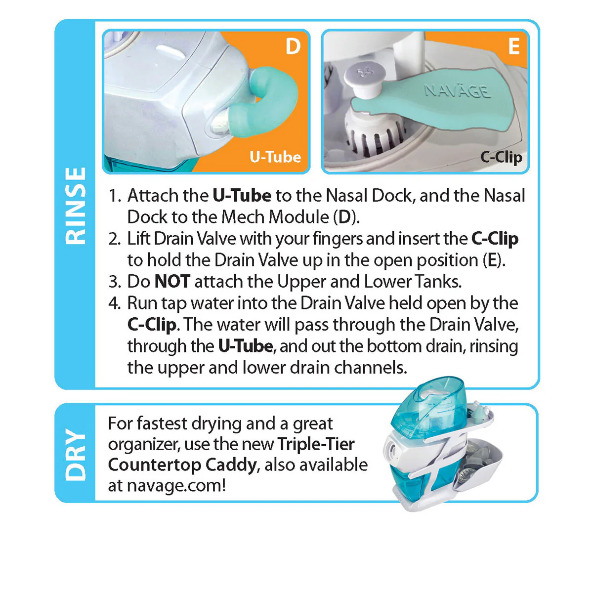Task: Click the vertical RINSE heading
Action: (76, 205)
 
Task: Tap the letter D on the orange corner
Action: (293, 46)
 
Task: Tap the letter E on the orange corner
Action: (514, 46)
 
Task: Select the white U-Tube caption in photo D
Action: (275, 157)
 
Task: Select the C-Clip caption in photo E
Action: (501, 157)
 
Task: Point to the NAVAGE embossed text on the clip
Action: (457, 91)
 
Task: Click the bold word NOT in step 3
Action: (172, 282)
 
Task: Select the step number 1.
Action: (115, 196)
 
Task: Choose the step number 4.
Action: (115, 303)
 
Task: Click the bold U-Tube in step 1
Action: (242, 196)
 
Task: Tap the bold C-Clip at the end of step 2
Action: (495, 239)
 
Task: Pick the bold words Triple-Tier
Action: (316, 444)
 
